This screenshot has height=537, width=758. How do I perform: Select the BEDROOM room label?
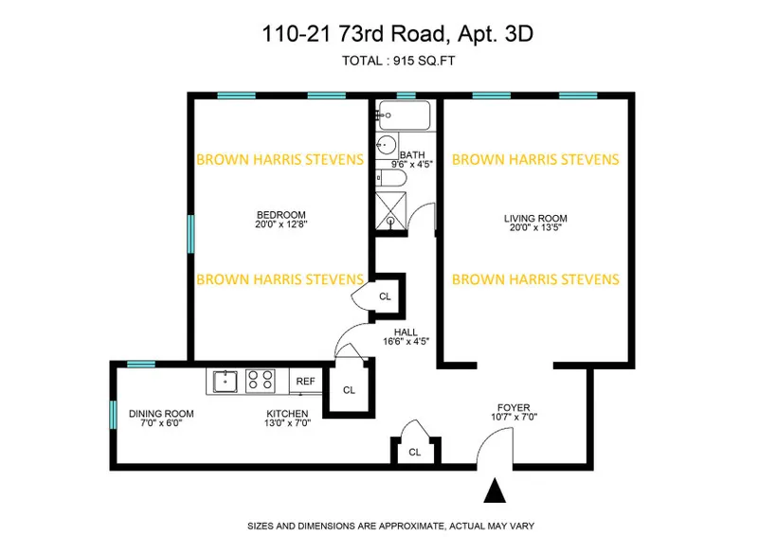280,214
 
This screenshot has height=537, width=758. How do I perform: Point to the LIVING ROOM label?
535,217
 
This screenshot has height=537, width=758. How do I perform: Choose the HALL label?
407,332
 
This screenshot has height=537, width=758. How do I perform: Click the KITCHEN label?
286,414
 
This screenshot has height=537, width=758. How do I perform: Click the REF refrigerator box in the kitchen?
305,382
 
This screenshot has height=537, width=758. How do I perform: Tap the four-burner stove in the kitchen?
261,382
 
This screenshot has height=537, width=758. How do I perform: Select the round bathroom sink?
387,147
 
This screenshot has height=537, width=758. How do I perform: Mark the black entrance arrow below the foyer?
495,492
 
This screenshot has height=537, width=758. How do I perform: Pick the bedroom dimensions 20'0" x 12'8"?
280,225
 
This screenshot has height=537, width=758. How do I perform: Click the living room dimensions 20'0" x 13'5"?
535,228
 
